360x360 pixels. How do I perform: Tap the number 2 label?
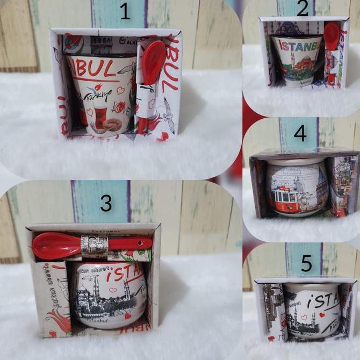[x=303, y=9]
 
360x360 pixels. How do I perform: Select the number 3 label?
[x=106, y=204]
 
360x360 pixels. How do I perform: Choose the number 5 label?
[x=306, y=263]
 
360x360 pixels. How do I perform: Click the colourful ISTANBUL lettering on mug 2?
[x=297, y=45]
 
